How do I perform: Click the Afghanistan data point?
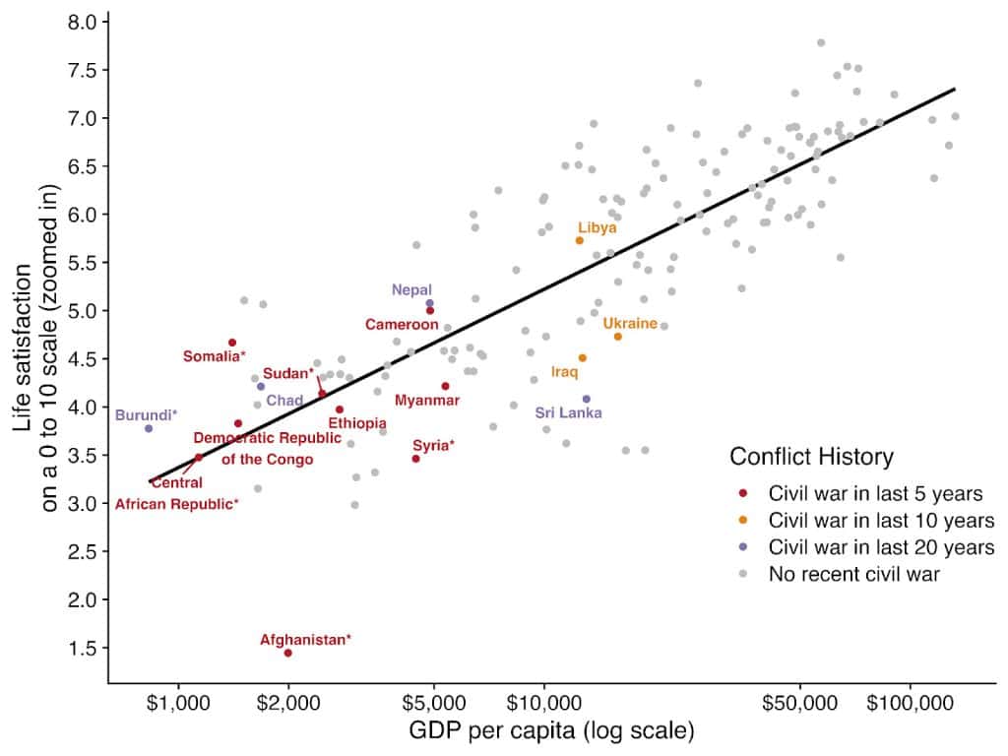click(287, 653)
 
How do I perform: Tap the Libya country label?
click(597, 227)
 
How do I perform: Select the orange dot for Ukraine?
click(617, 337)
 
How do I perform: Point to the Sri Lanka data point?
click(587, 399)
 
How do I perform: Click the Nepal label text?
click(411, 289)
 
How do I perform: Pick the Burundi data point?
click(149, 428)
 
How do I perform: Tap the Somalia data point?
click(232, 343)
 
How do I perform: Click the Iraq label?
click(564, 372)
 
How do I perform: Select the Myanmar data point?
click(445, 386)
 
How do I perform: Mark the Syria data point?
click(415, 459)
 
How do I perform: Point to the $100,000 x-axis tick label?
click(910, 706)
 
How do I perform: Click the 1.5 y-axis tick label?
click(83, 648)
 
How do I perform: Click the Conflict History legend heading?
click(811, 457)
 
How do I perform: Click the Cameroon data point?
click(430, 310)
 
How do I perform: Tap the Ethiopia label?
click(357, 423)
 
